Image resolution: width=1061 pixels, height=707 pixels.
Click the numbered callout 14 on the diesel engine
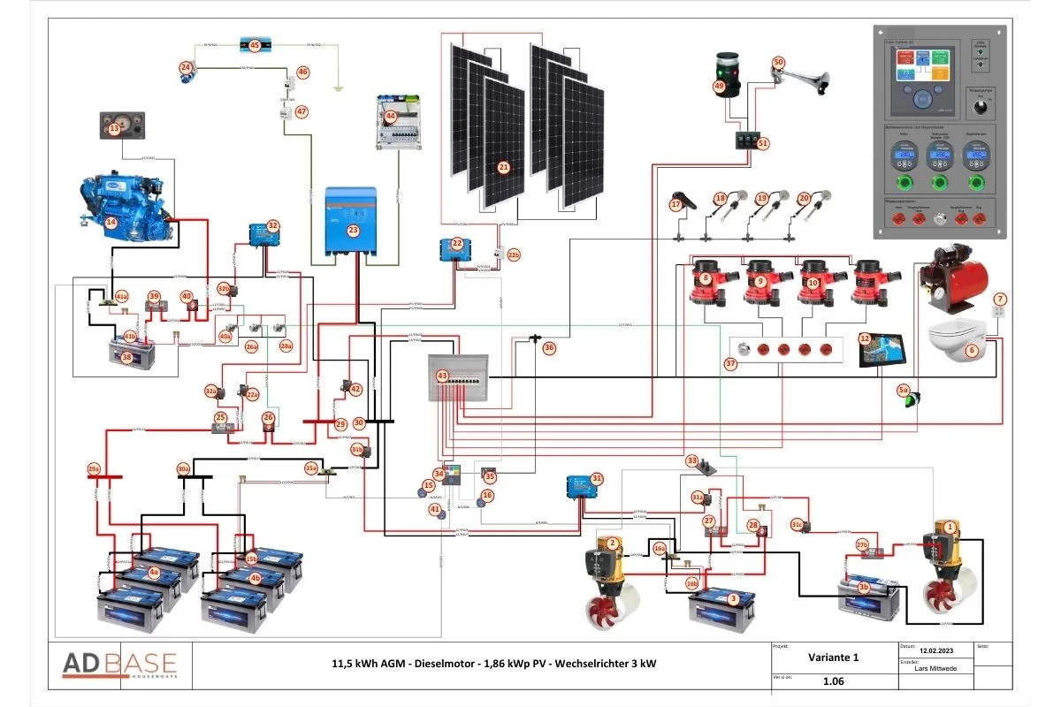tap(111, 223)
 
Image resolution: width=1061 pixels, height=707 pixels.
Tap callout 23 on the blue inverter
tap(353, 230)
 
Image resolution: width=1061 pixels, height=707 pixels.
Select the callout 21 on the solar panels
tap(504, 166)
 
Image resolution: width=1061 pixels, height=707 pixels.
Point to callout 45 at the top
tap(255, 44)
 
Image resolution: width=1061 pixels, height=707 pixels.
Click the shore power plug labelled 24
tap(186, 67)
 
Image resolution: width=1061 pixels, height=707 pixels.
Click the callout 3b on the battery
tap(864, 586)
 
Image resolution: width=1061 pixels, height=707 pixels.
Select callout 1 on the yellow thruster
tap(950, 526)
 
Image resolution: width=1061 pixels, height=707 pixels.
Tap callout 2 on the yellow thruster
tap(611, 543)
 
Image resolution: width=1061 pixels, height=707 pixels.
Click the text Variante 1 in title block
tap(833, 658)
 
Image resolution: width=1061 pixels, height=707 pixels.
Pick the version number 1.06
tap(833, 681)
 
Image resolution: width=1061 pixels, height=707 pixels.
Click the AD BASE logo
tap(119, 665)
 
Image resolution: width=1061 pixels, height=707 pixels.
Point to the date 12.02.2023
tap(935, 648)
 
